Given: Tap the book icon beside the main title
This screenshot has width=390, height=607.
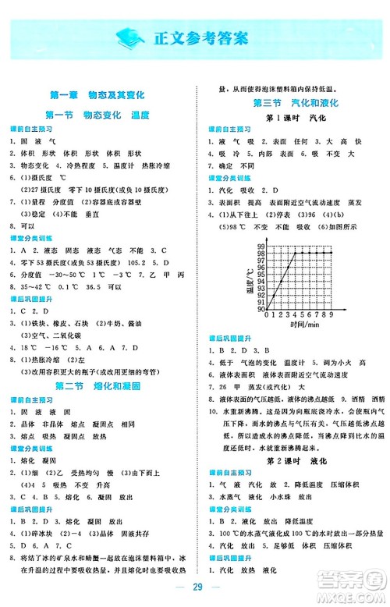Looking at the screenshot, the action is [132, 37].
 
